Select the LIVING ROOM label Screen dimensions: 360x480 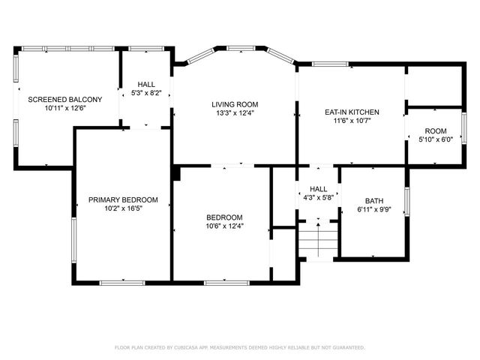233,104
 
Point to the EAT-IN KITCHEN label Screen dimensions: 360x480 352,112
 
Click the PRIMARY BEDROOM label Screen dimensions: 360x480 123,199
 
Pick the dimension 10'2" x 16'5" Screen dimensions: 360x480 123,208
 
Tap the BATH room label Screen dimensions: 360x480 373,201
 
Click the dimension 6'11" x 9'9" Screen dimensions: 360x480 373,210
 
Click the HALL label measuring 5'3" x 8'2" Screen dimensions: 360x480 146,85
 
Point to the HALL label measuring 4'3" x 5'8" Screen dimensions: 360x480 318,190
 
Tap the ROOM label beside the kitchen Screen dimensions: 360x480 435,130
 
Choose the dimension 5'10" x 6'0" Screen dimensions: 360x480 435,139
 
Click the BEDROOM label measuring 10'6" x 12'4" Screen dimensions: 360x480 225,217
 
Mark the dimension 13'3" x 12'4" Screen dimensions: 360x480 233,113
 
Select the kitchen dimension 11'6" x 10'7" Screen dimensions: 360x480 352,121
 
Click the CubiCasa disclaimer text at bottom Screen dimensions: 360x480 240,347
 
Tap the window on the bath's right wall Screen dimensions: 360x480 407,201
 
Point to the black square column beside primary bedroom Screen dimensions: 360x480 175,174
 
